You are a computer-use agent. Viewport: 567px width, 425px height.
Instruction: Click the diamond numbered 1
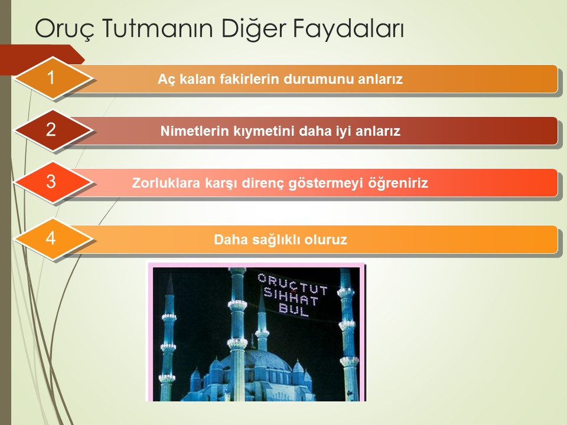[x=53, y=78]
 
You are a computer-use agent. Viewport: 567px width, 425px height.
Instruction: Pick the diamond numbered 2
[x=53, y=130]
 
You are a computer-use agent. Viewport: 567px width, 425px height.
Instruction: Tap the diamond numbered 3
[x=53, y=182]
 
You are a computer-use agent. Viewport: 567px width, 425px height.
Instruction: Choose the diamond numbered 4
[x=53, y=238]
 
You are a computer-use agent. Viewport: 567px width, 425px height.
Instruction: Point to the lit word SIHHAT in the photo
[x=291, y=297]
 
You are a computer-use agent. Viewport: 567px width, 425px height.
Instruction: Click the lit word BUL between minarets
[x=294, y=310]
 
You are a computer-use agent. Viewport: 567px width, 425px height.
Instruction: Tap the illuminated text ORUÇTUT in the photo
[x=293, y=284]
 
